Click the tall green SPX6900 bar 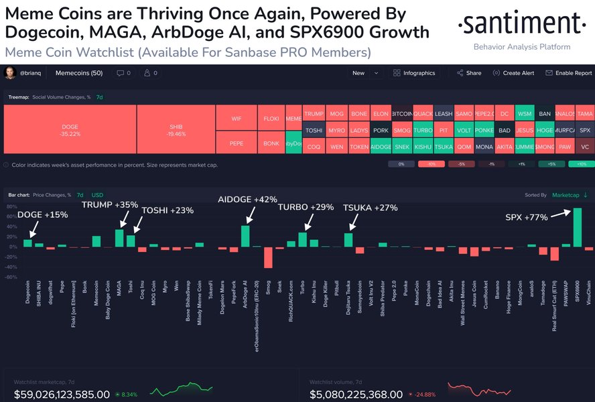[577, 227]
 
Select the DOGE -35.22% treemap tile [70, 129]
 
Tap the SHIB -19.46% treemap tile [176, 129]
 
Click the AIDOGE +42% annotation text [247, 200]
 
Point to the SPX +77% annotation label [526, 217]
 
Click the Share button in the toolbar [469, 73]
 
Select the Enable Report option [569, 73]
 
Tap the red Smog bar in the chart [268, 257]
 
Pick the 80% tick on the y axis [11, 207]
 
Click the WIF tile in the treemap [237, 118]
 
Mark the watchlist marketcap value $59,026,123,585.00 [61, 395]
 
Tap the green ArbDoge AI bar [245, 236]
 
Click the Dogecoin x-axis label [27, 291]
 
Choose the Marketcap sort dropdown [568, 195]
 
